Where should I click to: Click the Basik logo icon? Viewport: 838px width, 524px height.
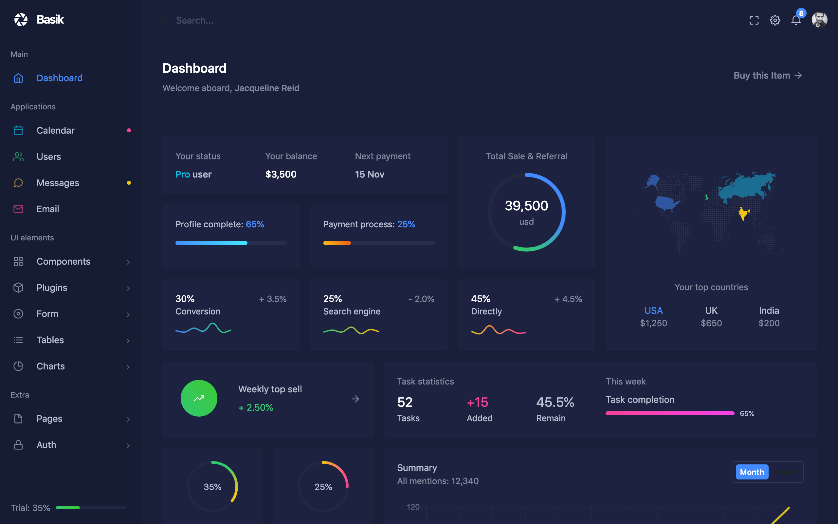tap(21, 20)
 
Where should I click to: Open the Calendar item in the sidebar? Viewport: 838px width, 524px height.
tap(55, 130)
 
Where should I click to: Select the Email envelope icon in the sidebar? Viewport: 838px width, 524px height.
tap(18, 209)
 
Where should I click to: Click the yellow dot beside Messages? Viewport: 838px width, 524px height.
tap(129, 183)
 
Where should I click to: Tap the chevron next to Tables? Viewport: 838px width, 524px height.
tap(128, 341)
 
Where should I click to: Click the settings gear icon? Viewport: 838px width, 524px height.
tap(774, 20)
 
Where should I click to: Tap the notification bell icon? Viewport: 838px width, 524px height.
tap(796, 20)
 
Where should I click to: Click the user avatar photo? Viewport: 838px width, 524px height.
tap(819, 20)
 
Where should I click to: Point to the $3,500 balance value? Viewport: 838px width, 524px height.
tap(281, 174)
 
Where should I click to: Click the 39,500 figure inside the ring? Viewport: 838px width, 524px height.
tap(526, 206)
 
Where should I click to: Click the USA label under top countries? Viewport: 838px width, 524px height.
tap(653, 310)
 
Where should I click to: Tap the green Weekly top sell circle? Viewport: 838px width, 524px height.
tap(199, 398)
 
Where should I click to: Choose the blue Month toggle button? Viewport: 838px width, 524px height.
tap(752, 472)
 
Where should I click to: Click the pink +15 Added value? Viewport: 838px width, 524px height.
tap(477, 402)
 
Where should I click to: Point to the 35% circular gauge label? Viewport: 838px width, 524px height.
tap(212, 487)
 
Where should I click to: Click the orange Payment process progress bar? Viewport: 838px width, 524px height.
tap(337, 243)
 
